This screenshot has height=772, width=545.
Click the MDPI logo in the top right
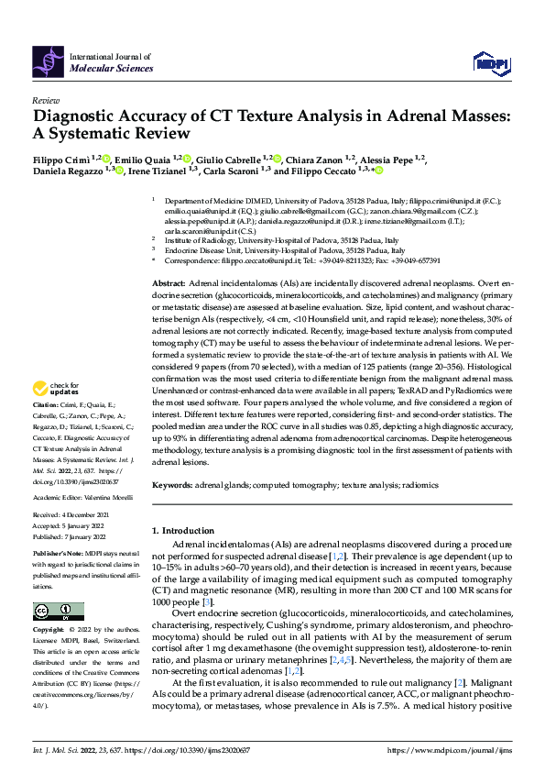[490, 61]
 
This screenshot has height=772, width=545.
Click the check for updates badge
[54, 414]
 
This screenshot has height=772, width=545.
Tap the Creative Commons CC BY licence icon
[58, 612]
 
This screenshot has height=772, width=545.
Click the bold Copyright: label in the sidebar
[49, 631]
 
